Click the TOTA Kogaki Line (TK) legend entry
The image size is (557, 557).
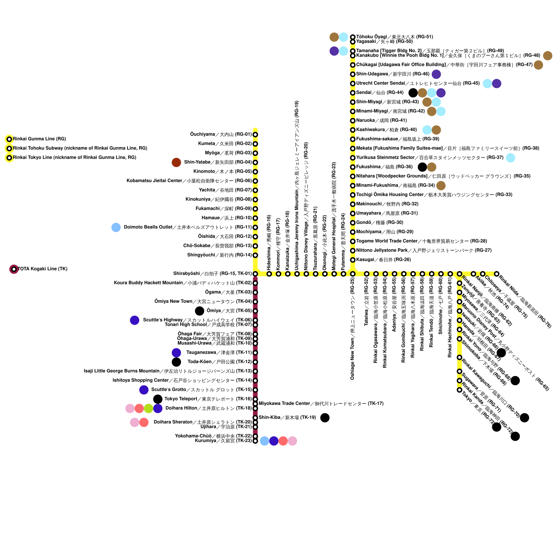point(42,269)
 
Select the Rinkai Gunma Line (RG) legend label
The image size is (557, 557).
point(39,139)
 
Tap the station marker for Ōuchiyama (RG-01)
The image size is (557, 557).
point(255,135)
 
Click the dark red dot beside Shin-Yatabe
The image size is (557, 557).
point(176,162)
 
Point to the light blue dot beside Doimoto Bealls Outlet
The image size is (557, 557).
point(116,227)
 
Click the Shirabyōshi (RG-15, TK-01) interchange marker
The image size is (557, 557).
point(255,274)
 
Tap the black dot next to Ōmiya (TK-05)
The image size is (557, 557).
point(199,311)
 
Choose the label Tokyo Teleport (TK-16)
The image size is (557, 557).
point(208,399)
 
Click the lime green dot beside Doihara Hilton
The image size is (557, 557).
point(148,408)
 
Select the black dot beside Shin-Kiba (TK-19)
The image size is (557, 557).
point(325,418)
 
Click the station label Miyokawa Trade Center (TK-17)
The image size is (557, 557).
point(321,404)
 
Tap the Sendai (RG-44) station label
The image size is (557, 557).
point(380,93)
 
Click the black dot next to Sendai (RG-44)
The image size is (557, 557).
point(413,93)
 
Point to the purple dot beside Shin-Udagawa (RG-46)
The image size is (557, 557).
point(436,74)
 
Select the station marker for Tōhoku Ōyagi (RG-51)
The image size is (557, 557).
point(353,37)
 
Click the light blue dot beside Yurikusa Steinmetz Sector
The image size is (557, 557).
point(510,158)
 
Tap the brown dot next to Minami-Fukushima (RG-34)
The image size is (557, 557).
point(441,186)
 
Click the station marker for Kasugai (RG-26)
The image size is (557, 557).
point(353,260)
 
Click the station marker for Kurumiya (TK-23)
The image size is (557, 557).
point(255,441)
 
